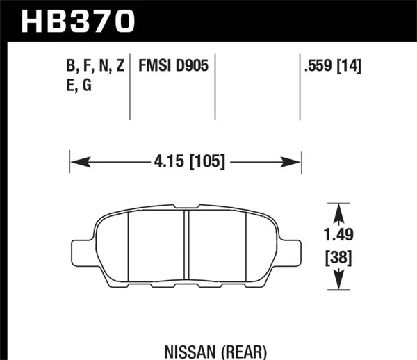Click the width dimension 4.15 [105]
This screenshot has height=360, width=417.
coord(186,162)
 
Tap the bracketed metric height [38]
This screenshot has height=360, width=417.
coord(337,259)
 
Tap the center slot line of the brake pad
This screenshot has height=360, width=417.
coord(186,244)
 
